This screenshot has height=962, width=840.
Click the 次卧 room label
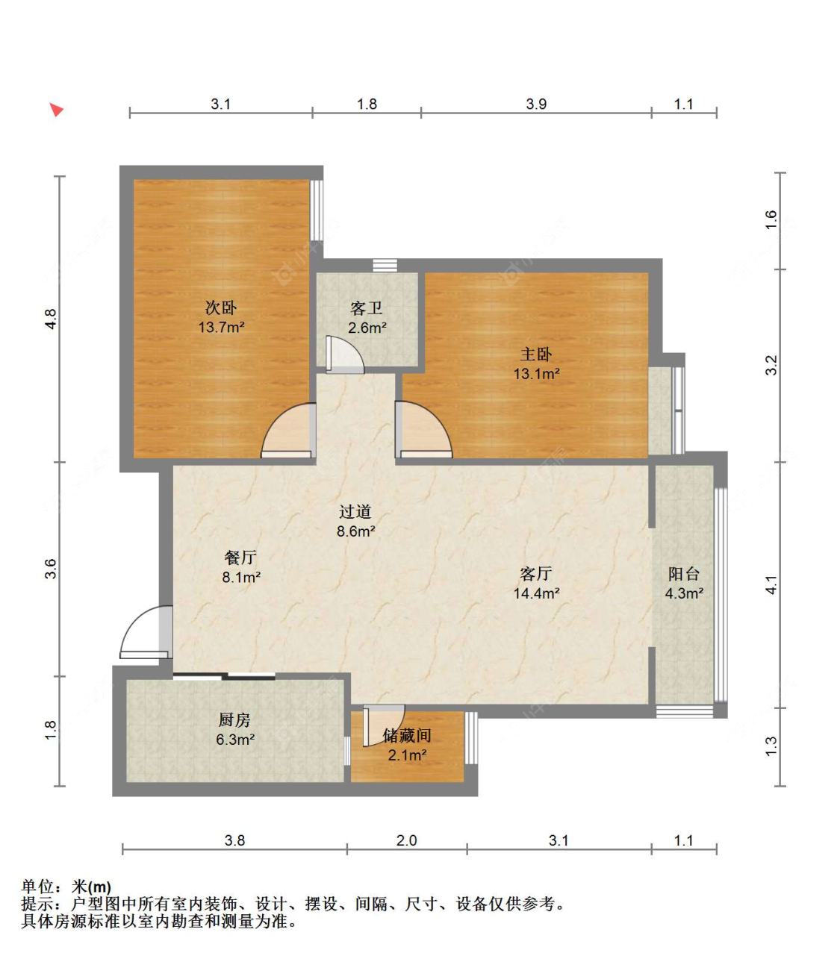pos(220,307)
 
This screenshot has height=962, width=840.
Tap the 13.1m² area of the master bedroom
pos(536,374)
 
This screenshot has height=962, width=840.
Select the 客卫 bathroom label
pos(367,308)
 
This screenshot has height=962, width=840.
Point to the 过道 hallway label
pos(355,511)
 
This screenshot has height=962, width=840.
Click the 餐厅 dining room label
pos(241,557)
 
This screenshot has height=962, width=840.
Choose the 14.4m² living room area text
pos(536,593)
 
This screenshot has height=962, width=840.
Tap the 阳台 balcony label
pos(684,574)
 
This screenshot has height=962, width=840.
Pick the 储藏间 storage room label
pos(407,735)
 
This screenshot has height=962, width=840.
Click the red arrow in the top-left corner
pos(57,110)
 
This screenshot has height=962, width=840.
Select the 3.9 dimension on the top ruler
pos(536,104)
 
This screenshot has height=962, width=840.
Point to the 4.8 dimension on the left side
pos(50,319)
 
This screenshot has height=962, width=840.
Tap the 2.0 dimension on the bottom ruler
pos(406,840)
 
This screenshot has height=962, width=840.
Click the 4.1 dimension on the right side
pos(772,584)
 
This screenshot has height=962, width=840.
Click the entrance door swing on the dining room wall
pos(145,632)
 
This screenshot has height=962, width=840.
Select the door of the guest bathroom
pos(345,354)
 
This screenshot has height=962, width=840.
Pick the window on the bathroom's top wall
pos(385,265)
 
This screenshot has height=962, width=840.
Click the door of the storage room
pos(384,725)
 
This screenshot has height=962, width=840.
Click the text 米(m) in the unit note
pos(91,887)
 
